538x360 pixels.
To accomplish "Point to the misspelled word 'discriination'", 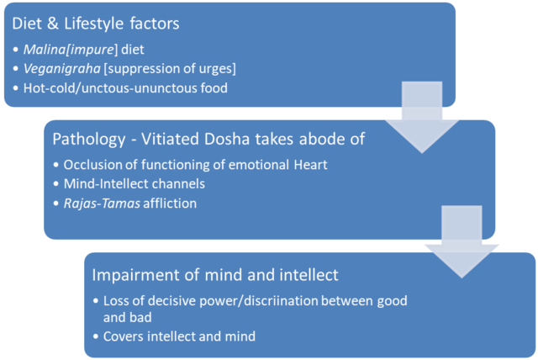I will [x=278, y=300].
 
